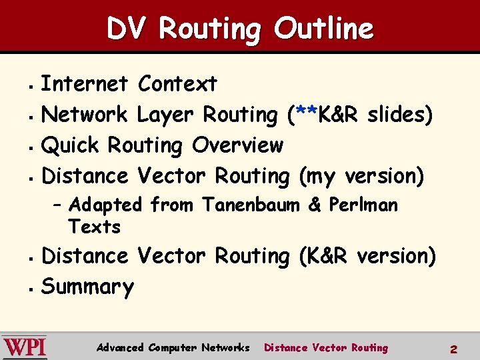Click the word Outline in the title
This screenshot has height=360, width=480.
(x=324, y=29)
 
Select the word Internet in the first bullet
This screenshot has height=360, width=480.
(x=84, y=84)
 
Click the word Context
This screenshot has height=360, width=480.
(x=177, y=84)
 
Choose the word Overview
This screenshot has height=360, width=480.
(x=237, y=145)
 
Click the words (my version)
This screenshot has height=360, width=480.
(x=361, y=177)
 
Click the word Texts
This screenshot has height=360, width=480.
(x=94, y=227)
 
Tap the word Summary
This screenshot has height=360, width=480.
(x=87, y=287)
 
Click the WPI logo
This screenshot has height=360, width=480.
(x=24, y=347)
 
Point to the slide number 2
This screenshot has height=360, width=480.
(x=453, y=349)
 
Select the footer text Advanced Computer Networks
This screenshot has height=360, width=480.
(x=173, y=347)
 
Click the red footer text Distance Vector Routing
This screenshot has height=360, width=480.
(x=325, y=347)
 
